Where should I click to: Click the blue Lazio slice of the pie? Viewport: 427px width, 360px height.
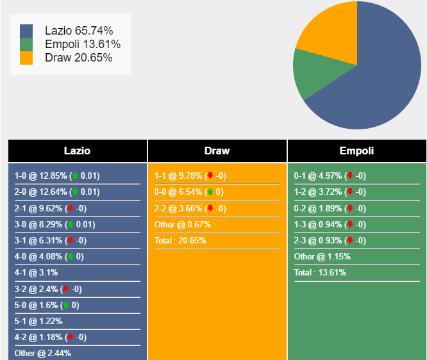tap(378, 77)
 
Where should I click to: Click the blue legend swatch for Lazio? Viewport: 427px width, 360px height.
tap(26, 31)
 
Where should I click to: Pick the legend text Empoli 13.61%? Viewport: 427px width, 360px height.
tap(83, 44)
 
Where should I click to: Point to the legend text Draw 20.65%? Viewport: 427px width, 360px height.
tap(79, 58)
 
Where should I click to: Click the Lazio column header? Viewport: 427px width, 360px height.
tap(78, 151)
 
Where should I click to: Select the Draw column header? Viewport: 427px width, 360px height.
tap(217, 151)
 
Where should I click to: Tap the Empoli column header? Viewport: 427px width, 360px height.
tap(356, 151)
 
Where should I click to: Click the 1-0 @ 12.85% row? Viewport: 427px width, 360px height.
tap(57, 176)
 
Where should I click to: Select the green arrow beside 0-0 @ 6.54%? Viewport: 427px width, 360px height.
tap(210, 192)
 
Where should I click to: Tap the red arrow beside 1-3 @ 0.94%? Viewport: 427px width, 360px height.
tap(349, 224)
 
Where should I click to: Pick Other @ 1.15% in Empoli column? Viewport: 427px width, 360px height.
tap(321, 257)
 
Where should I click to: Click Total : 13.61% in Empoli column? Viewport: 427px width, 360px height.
tap(320, 273)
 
